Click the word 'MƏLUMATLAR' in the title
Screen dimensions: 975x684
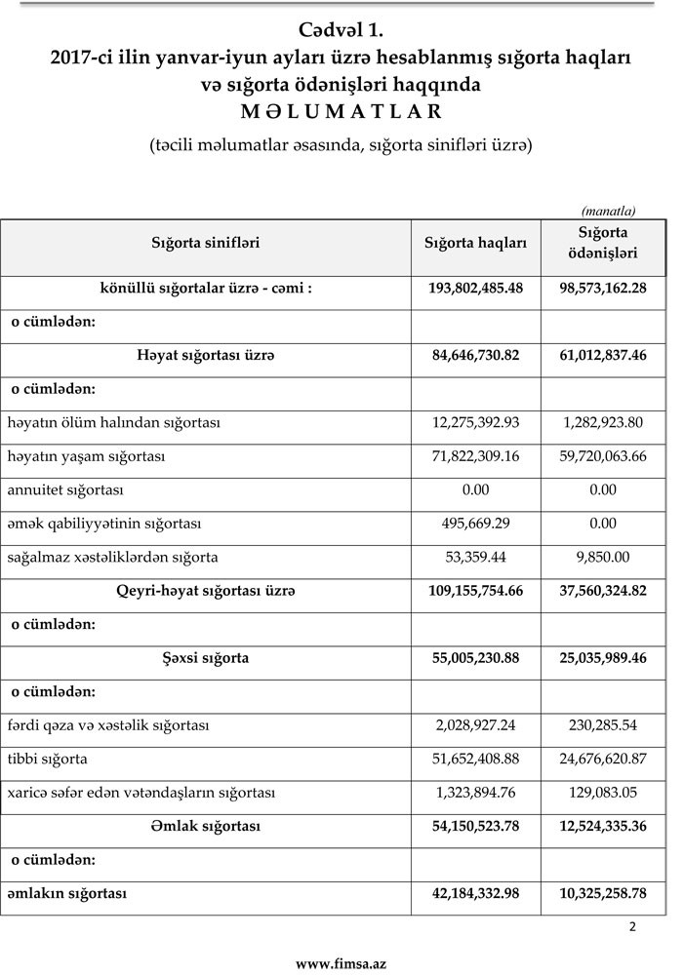(342, 109)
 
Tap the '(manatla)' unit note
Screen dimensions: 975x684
(608, 210)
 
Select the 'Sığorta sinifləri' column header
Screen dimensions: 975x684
(205, 243)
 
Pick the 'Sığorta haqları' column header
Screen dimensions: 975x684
(475, 243)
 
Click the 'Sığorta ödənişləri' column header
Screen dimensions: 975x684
(603, 243)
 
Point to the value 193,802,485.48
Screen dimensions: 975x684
(476, 290)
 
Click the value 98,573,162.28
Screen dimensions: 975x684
(603, 290)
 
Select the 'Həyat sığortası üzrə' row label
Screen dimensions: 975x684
(206, 356)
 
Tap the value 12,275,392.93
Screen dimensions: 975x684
(476, 423)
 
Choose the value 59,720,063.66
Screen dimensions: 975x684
(603, 456)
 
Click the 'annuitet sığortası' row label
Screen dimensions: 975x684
(65, 489)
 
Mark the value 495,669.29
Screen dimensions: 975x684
(476, 524)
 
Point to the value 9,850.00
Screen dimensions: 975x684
(603, 557)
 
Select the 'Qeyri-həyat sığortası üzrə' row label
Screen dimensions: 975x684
(206, 591)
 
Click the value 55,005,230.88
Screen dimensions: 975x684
(476, 658)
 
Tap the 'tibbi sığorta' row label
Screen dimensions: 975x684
(48, 759)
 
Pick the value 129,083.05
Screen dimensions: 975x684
(603, 793)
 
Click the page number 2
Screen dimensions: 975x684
(632, 927)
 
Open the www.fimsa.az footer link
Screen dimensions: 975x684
(342, 963)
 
